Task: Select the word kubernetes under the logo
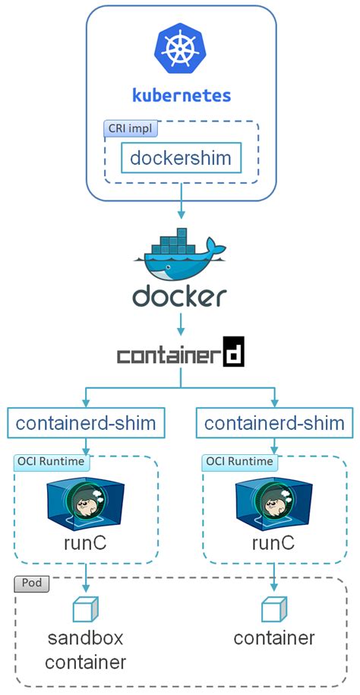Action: [181, 95]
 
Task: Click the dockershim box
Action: [181, 158]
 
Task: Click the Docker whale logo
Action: [181, 254]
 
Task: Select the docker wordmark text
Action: [179, 295]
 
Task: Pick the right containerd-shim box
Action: [274, 422]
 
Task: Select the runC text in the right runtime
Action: [273, 543]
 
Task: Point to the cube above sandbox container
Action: [86, 610]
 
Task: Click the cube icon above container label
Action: [273, 610]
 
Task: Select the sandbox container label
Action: [85, 649]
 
